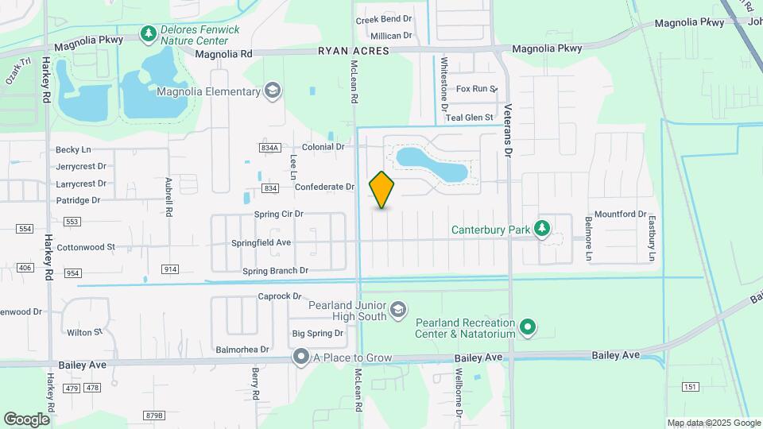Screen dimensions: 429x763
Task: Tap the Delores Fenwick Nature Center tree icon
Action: point(147,33)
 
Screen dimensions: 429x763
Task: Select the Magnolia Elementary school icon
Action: point(273,91)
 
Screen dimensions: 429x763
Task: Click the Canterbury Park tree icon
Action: point(542,230)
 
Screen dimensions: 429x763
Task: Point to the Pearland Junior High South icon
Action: point(398,308)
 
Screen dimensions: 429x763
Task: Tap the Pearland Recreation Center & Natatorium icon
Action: point(527,327)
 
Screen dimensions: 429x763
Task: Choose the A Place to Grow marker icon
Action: point(300,357)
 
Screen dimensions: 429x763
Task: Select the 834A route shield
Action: point(269,148)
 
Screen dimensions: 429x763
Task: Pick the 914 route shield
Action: point(170,269)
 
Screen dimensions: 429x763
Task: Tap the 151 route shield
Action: point(688,387)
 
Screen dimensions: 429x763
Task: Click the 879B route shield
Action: point(154,415)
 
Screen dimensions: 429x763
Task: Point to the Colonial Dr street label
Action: point(323,147)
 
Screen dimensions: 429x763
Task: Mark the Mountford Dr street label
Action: point(621,214)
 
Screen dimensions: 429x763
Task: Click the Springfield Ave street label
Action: point(261,242)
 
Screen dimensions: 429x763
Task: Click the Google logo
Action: point(26,419)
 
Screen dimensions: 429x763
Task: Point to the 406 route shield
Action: point(25,268)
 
